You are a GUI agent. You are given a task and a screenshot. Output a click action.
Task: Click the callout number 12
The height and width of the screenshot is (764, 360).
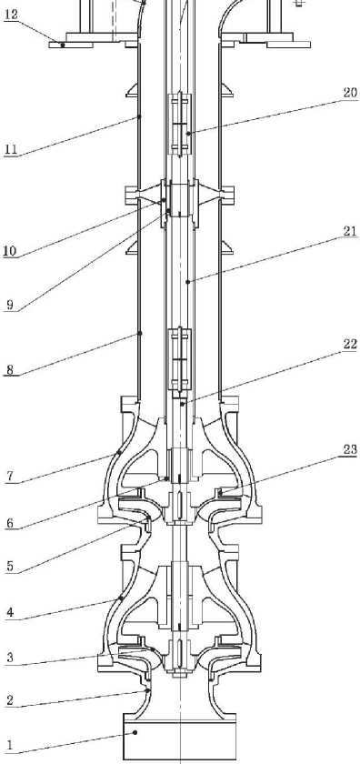11,15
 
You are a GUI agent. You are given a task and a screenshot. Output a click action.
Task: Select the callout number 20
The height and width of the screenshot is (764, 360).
350,93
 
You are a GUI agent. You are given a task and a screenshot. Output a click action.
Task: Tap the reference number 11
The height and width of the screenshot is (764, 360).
10,148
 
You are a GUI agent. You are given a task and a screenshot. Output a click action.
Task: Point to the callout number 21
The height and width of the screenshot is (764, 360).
350,232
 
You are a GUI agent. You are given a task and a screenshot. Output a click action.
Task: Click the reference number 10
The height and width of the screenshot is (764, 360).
10,251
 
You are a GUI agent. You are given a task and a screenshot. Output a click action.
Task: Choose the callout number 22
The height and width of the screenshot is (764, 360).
350,344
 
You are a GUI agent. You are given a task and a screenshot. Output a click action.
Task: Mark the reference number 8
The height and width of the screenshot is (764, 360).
10,369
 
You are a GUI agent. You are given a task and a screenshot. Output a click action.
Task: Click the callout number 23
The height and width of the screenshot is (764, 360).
350,449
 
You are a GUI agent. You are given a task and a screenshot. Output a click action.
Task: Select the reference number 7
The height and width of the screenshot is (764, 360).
10,476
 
